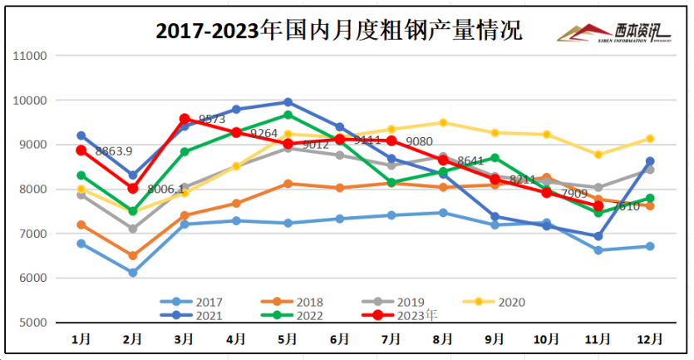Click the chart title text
[339, 31]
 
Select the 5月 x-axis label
[288, 339]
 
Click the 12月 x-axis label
[650, 339]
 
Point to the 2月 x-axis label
[133, 339]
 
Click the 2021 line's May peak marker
[288, 102]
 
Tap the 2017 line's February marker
[133, 272]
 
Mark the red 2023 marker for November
[598, 206]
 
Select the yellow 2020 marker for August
[443, 123]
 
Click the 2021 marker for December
[650, 161]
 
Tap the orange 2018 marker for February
[133, 255]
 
